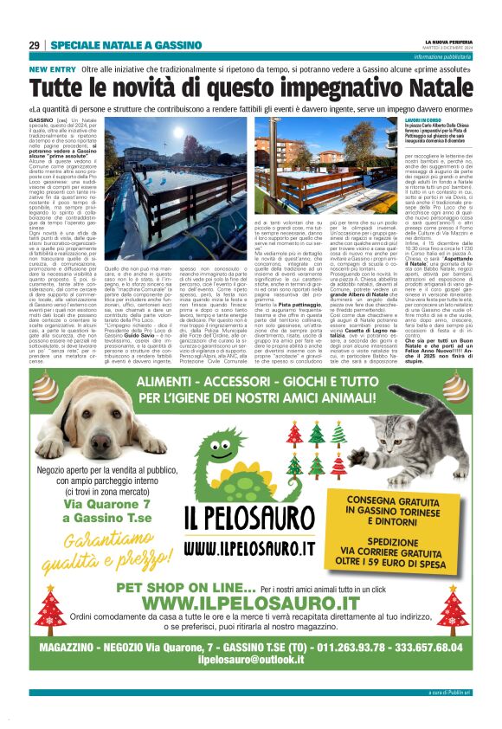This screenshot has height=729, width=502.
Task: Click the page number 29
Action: tap(34, 45)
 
